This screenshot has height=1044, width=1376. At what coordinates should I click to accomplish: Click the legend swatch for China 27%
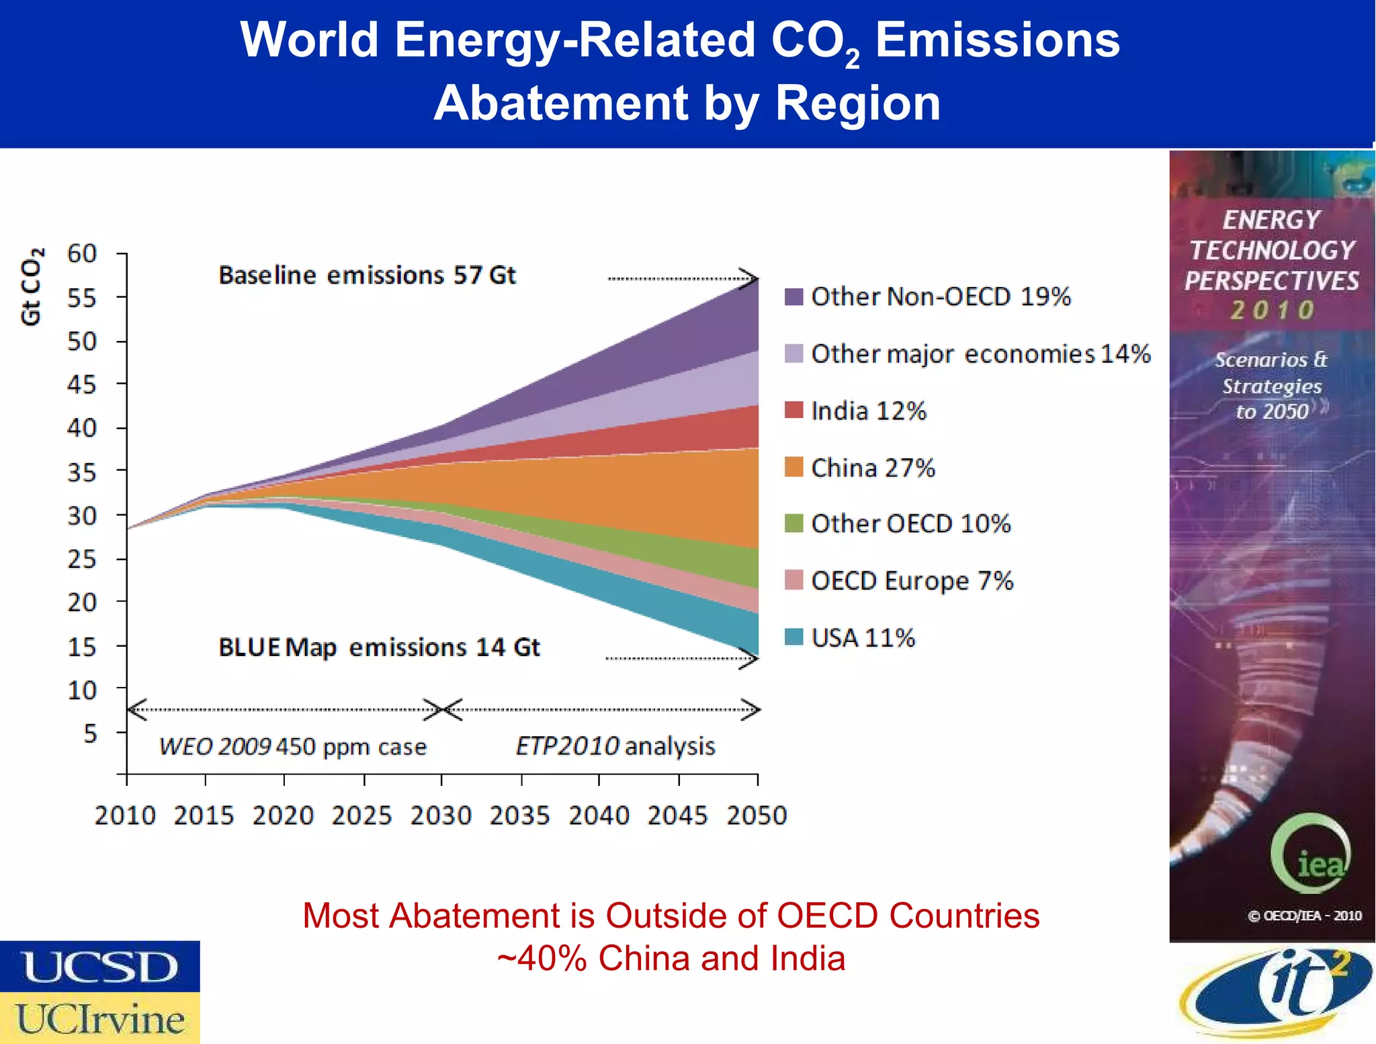click(x=793, y=467)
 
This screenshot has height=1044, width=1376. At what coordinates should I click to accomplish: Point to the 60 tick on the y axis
click(x=82, y=254)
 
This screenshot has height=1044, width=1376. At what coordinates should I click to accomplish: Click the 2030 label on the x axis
click(x=441, y=815)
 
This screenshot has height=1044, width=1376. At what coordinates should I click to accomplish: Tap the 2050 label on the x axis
click(x=757, y=815)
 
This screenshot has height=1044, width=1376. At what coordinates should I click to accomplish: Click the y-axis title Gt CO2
click(x=32, y=286)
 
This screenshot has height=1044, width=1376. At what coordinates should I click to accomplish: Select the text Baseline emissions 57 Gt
click(x=367, y=276)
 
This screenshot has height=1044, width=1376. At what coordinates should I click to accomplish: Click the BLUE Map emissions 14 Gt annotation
click(x=379, y=647)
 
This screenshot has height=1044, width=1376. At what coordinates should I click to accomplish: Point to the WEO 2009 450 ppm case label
click(x=293, y=747)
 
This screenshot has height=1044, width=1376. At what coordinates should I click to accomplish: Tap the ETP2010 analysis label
click(x=615, y=746)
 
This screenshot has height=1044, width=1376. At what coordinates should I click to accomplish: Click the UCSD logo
click(x=99, y=967)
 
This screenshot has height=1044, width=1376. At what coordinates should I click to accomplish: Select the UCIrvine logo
click(x=99, y=1018)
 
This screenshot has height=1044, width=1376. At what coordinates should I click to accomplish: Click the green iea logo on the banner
click(x=1310, y=853)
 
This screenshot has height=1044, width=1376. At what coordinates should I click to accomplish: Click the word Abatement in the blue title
click(x=560, y=104)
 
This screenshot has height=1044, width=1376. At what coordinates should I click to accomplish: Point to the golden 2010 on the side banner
click(x=1272, y=310)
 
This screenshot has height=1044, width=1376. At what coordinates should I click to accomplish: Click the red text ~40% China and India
click(x=671, y=958)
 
